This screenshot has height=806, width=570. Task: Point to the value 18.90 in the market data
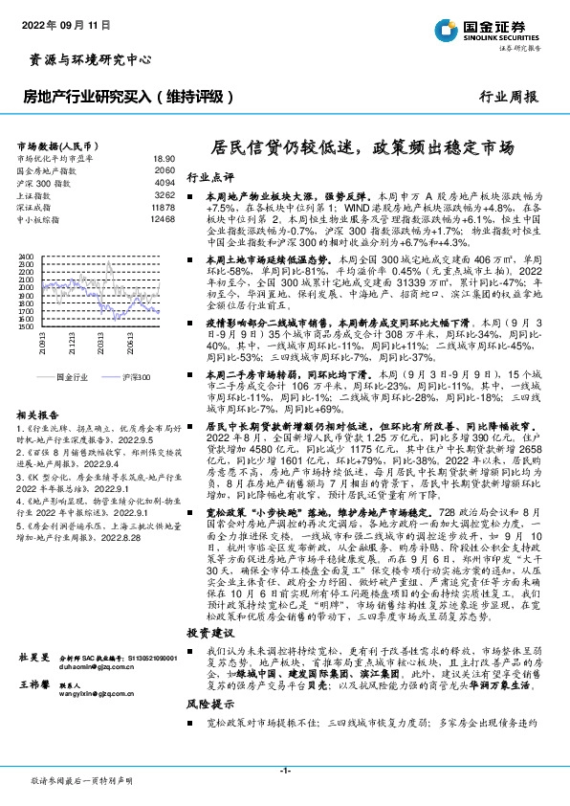pos(164,159)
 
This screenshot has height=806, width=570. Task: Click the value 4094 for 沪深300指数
pos(164,182)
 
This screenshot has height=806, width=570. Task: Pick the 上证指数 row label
pos(36,194)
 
